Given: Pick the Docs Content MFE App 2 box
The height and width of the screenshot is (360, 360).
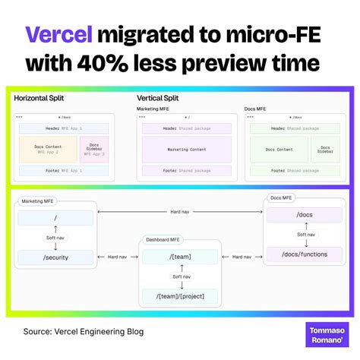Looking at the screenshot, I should pyautogui.click(x=48, y=150).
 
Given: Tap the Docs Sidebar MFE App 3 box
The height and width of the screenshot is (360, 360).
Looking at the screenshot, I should pyautogui.click(x=95, y=150).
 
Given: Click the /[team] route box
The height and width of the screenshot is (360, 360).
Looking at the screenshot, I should pyautogui.click(x=180, y=257).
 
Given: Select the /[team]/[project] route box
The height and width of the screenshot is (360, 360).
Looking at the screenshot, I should pyautogui.click(x=180, y=296).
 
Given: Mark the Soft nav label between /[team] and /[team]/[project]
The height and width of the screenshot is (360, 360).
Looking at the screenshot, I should pyautogui.click(x=181, y=276).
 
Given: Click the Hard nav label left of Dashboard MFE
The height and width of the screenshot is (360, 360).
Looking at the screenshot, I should pyautogui.click(x=118, y=257).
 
